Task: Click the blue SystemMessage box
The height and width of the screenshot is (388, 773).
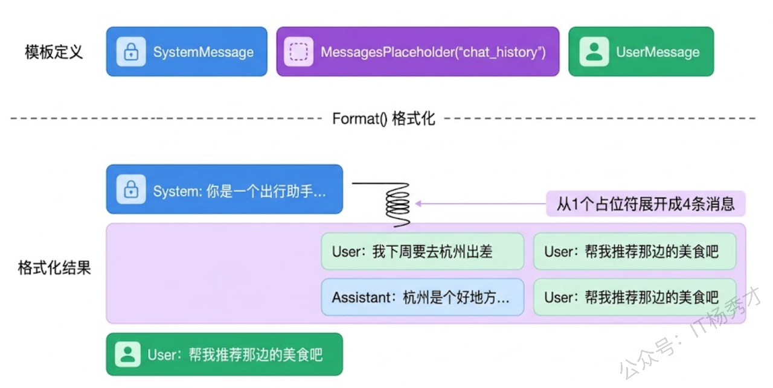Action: coord(187,52)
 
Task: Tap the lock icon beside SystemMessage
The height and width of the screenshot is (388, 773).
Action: coord(131,52)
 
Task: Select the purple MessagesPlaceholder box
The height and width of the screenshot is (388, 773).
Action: coord(417,52)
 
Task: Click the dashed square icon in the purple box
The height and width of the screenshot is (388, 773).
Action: coord(298,52)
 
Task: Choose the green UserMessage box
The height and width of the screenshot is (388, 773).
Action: coord(641,52)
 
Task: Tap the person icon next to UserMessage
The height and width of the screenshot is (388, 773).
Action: coord(594,52)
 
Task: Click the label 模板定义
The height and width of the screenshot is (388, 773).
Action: coord(54,52)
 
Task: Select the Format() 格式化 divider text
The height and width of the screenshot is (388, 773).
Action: coord(383,118)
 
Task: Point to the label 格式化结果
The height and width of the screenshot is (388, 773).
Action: coord(54,267)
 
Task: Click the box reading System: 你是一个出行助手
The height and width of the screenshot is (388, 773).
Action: coord(224,189)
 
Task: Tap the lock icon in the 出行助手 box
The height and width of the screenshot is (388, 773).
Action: coord(131,189)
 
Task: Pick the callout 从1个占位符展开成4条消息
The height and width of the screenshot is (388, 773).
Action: coord(646,204)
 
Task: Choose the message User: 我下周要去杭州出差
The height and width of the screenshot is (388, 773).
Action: coord(422,251)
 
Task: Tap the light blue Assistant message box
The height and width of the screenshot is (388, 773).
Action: coord(422,297)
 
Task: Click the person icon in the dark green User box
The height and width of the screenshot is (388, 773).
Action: coord(127,354)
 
